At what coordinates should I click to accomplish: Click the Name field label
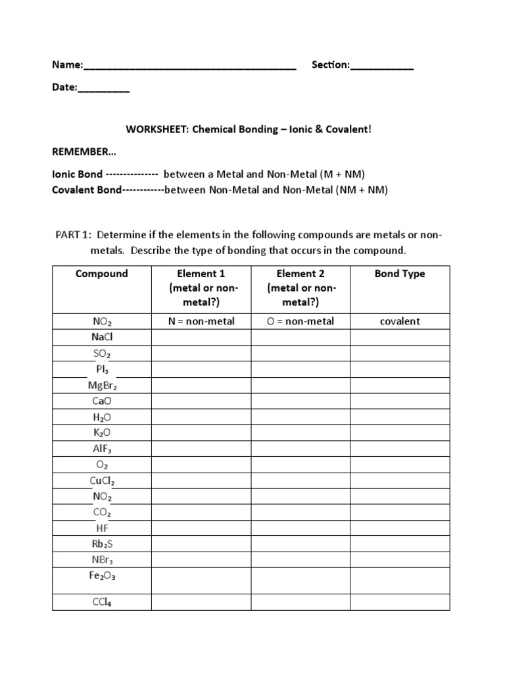coord(67,65)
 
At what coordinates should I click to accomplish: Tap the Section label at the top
coord(330,65)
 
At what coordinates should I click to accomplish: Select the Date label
coord(64,88)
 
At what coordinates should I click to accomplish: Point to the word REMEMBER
coord(84,151)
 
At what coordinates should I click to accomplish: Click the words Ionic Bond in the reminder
coord(78,174)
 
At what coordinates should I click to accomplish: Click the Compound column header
coord(102,274)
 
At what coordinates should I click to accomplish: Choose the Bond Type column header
coord(400,274)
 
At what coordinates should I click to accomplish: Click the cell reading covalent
coord(400,321)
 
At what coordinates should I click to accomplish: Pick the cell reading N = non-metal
coord(201,321)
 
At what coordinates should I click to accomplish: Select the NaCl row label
coord(102,337)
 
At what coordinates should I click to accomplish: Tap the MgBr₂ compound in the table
coord(102,385)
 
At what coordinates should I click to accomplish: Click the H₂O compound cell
coord(102,417)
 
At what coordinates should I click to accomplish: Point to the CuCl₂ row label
coord(102,480)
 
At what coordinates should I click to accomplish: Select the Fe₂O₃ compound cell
coord(102,575)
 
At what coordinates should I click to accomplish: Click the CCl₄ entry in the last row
coord(102,601)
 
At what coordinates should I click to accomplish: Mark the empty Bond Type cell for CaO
coord(400,401)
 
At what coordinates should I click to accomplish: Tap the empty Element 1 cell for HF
coord(201,529)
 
